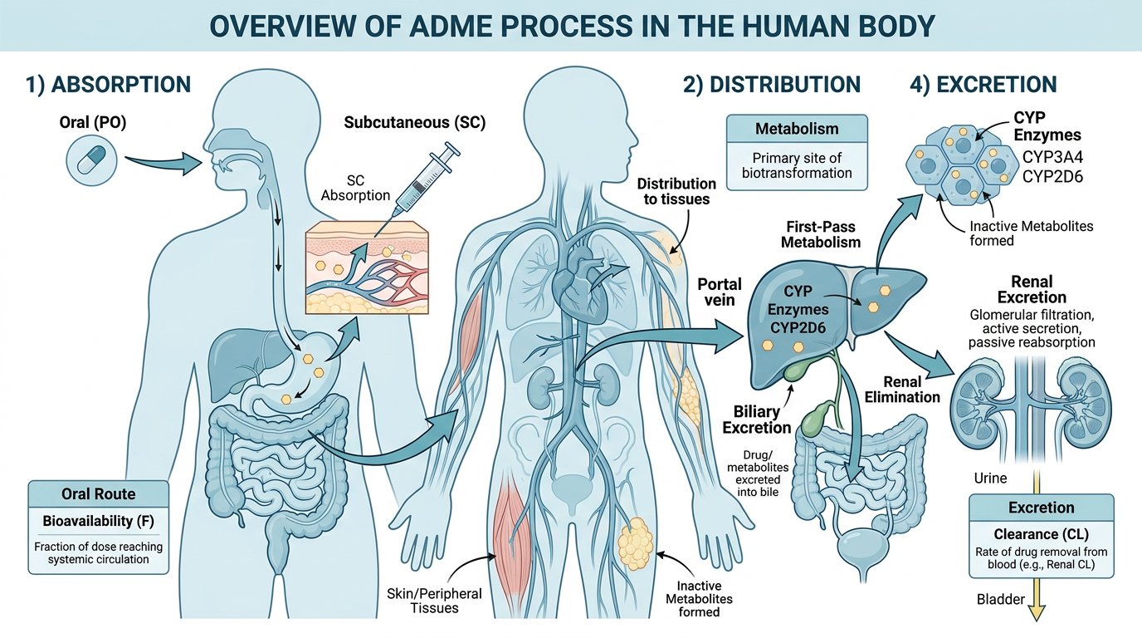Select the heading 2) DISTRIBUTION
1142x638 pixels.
(x=771, y=84)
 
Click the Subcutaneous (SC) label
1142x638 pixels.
(x=414, y=124)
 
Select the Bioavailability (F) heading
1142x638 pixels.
(x=99, y=521)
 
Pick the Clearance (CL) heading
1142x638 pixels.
(x=1041, y=534)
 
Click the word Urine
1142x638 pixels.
(x=990, y=478)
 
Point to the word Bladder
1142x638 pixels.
(x=1000, y=599)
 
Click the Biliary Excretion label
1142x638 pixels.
(x=756, y=420)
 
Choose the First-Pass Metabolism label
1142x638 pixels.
(x=822, y=233)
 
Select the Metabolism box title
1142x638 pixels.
(x=796, y=129)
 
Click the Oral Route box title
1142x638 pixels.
(x=99, y=493)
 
